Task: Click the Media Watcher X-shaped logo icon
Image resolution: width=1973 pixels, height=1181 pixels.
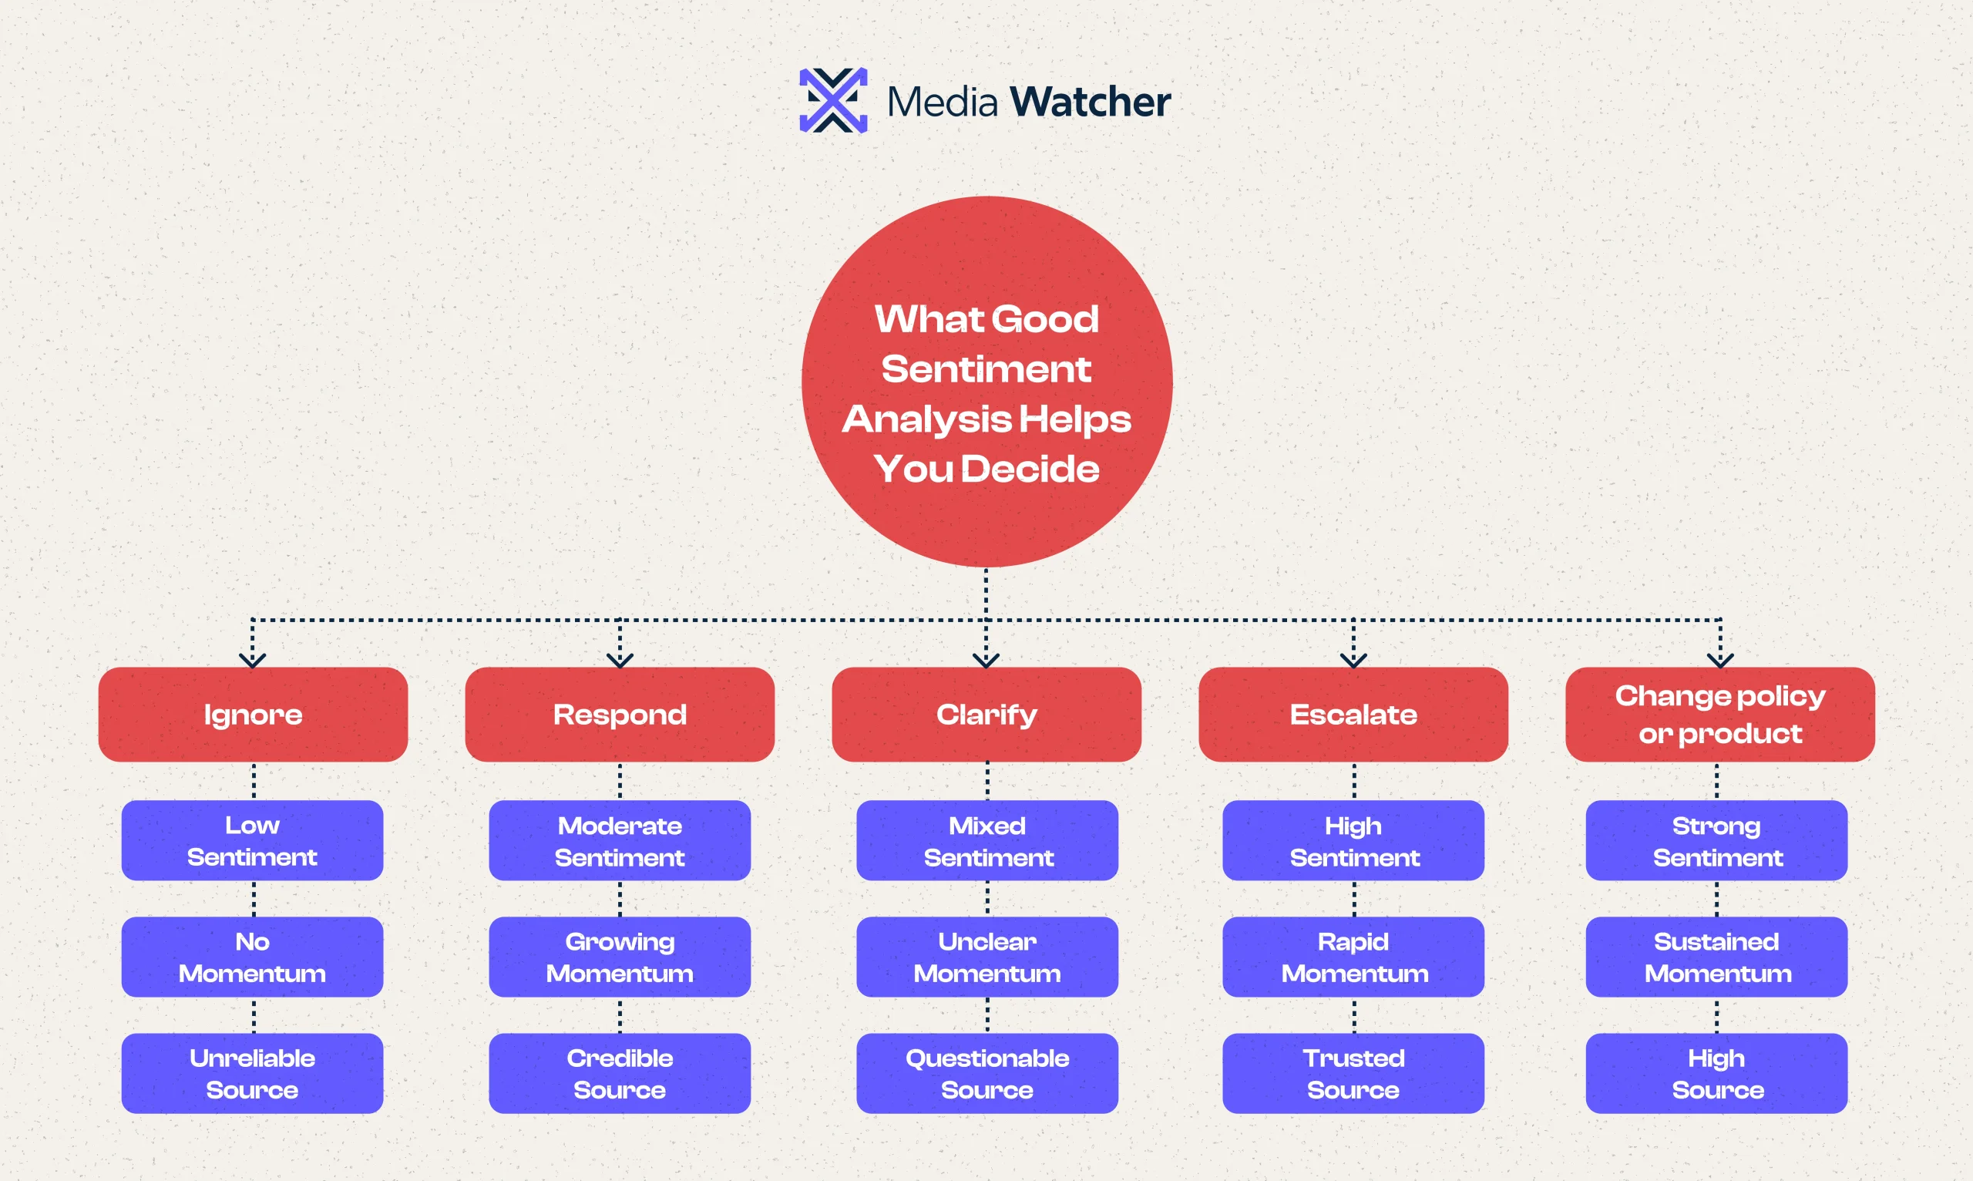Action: point(833,100)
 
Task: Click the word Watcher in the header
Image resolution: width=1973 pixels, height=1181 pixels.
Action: point(1089,102)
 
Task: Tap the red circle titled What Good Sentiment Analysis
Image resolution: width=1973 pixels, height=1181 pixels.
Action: point(986,382)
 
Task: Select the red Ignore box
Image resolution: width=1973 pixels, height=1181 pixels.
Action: point(252,714)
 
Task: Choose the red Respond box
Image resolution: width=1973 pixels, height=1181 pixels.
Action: point(620,714)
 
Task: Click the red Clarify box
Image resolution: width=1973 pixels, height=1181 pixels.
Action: point(986,714)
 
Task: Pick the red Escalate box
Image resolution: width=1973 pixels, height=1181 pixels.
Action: point(1353,714)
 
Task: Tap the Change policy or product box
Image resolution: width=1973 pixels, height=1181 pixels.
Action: point(1720,714)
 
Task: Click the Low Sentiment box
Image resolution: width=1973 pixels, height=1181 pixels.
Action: point(252,840)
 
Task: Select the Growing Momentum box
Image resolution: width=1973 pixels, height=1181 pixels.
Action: point(620,957)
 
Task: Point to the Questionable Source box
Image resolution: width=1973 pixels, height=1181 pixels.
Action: point(986,1073)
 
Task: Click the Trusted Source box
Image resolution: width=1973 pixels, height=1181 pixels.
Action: point(1353,1073)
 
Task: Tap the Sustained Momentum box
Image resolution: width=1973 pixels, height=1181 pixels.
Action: point(1717,957)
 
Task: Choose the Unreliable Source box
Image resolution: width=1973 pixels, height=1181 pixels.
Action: point(252,1073)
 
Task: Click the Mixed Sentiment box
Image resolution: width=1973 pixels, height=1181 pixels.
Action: point(986,840)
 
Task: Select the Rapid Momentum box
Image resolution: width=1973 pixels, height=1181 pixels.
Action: point(1353,957)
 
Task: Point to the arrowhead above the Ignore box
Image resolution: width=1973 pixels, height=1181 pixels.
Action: point(252,661)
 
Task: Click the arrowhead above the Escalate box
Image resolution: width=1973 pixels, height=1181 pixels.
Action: point(1353,661)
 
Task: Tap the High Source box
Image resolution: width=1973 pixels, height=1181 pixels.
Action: point(1717,1073)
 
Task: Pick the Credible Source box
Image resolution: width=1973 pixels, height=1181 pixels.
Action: point(620,1073)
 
